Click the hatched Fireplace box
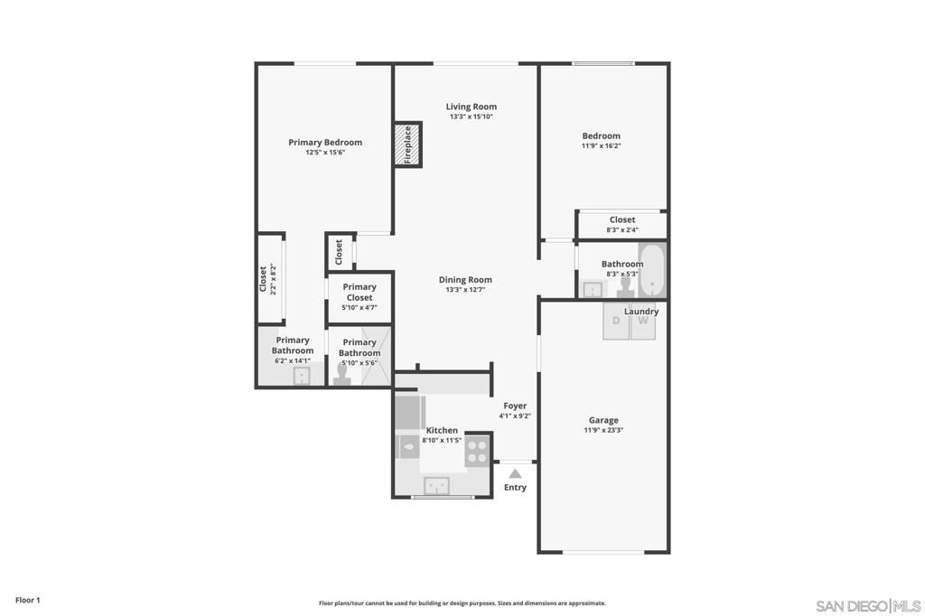pos(407,145)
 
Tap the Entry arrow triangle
pos(515,473)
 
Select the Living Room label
pos(472,107)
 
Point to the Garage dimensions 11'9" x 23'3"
pos(603,430)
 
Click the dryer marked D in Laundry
pos(616,322)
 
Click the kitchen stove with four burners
pos(478,451)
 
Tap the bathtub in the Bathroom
pos(652,271)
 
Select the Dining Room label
pos(465,280)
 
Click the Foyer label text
pos(515,406)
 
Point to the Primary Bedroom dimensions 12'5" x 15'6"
pos(325,153)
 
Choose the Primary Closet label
pos(360,292)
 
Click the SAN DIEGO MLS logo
pos(868,606)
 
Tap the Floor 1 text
pos(28,600)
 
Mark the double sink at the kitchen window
pos(437,486)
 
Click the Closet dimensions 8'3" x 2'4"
pos(622,230)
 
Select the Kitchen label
pos(442,430)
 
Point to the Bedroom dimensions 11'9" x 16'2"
pos(601,145)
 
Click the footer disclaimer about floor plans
pos(462,603)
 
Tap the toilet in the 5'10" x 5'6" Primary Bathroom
pos(342,375)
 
